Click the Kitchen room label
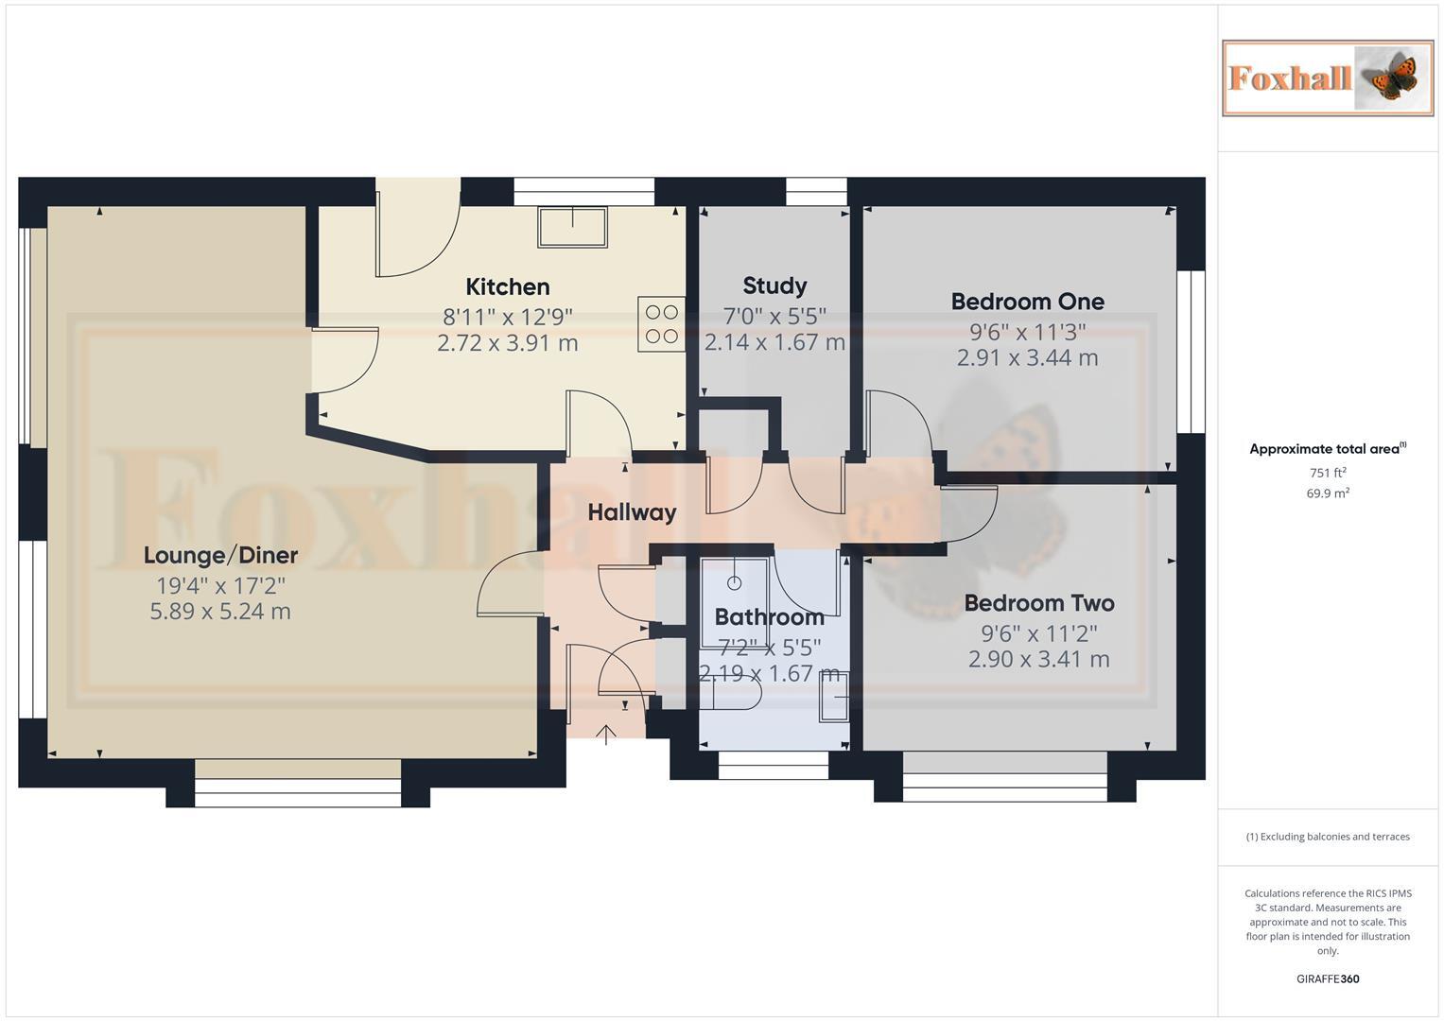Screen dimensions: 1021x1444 tap(507, 286)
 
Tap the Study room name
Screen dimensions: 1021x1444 tap(774, 286)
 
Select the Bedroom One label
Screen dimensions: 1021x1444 tap(1027, 302)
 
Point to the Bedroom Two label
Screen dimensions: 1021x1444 tap(1038, 603)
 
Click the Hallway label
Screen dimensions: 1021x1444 tap(632, 512)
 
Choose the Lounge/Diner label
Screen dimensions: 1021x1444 tap(220, 555)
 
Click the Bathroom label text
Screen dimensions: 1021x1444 tap(769, 617)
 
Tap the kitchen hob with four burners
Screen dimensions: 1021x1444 tap(661, 324)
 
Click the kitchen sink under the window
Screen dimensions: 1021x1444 tap(572, 227)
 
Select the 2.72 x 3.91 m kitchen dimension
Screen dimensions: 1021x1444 tap(507, 343)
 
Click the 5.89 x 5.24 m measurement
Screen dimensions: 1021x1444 tap(220, 612)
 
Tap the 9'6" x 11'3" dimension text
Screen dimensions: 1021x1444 tap(1027, 332)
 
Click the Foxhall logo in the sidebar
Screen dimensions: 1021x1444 tap(1327, 78)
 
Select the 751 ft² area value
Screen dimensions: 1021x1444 tap(1327, 473)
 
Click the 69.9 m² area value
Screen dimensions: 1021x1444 tap(1327, 493)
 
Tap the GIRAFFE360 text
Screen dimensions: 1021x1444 tap(1327, 978)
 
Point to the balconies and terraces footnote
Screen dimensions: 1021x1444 tap(1327, 837)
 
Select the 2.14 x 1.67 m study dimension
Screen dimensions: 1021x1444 tap(774, 342)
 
